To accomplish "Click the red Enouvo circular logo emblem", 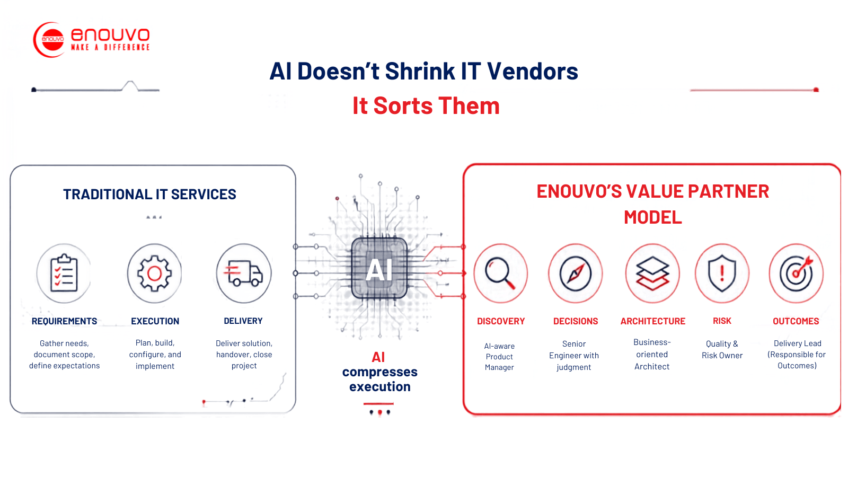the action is pyautogui.click(x=50, y=40).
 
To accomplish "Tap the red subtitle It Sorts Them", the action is pyautogui.click(x=426, y=105).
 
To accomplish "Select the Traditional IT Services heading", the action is pyautogui.click(x=149, y=194).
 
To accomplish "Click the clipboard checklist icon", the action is pyautogui.click(x=64, y=273).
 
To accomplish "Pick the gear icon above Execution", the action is pyautogui.click(x=154, y=273).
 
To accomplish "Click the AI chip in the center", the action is pyautogui.click(x=379, y=269).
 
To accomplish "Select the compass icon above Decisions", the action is pyautogui.click(x=575, y=273).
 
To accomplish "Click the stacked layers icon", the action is pyautogui.click(x=652, y=273).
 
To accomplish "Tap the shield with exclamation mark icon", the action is pyautogui.click(x=722, y=273).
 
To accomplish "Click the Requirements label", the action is pyautogui.click(x=64, y=321).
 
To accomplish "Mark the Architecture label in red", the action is pyautogui.click(x=652, y=321).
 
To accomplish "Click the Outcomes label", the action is pyautogui.click(x=796, y=321).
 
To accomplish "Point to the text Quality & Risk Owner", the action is pyautogui.click(x=722, y=349).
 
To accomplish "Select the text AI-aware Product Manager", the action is pyautogui.click(x=499, y=357).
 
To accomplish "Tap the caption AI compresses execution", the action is pyautogui.click(x=379, y=372).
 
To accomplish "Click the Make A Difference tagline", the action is pyautogui.click(x=110, y=47).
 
